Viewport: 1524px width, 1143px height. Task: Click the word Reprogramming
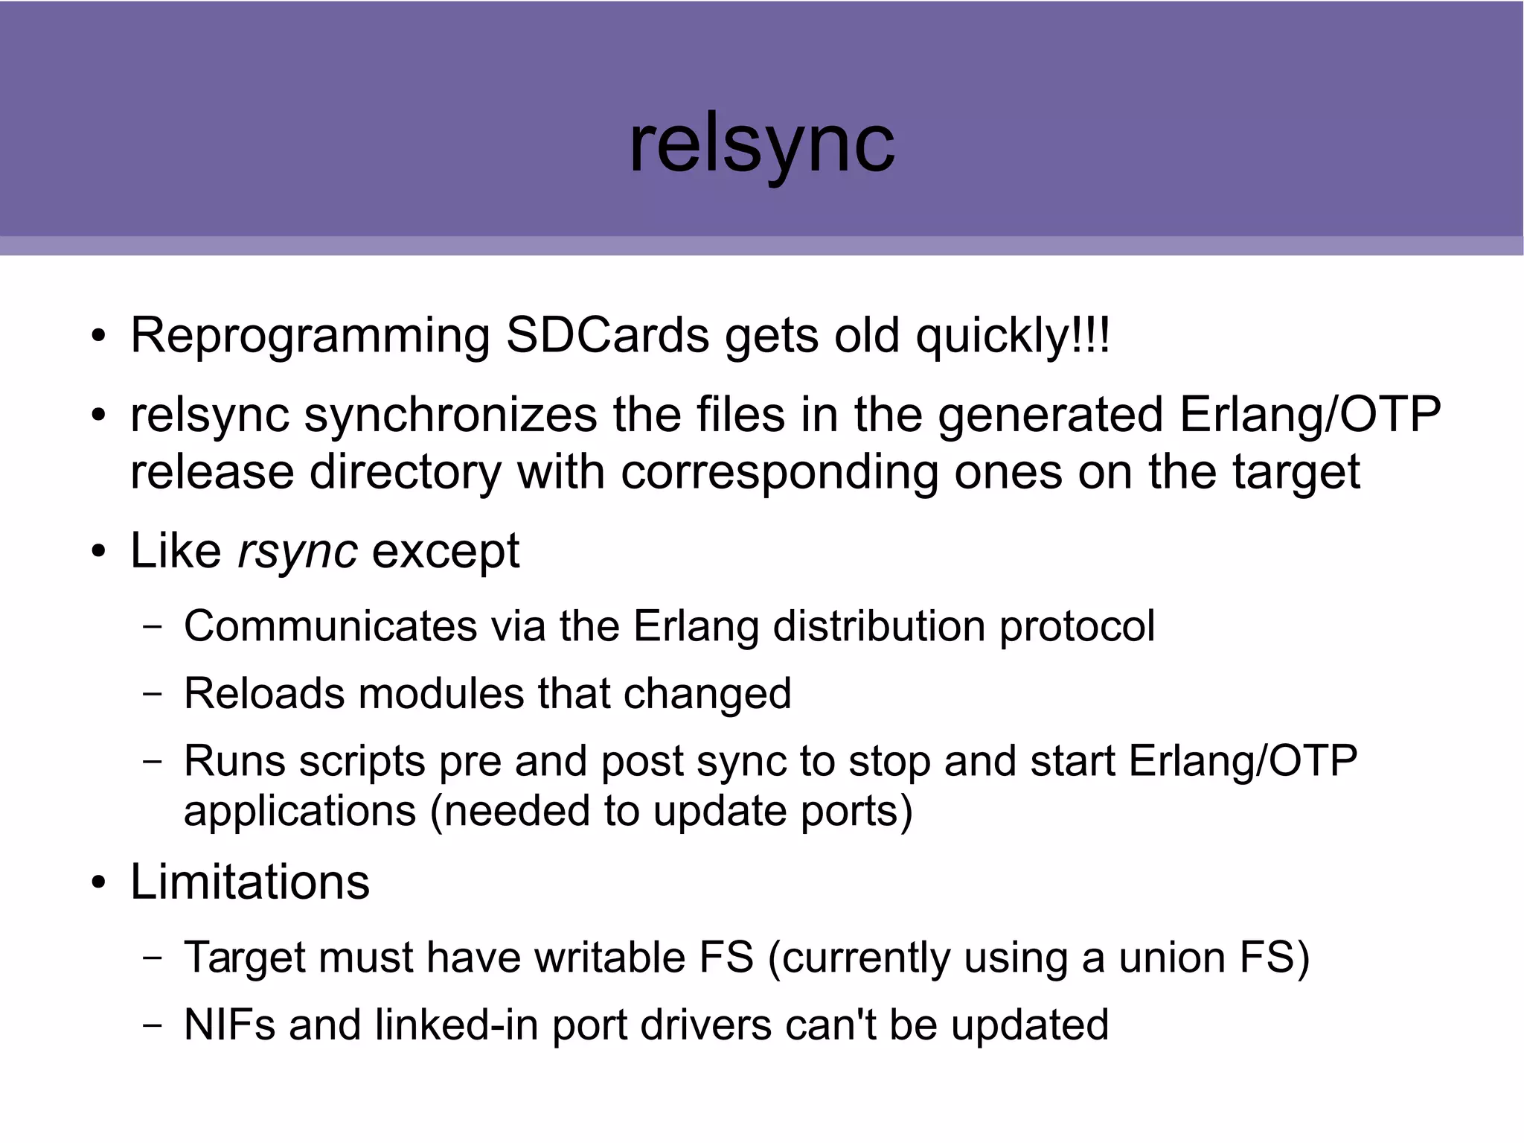310,337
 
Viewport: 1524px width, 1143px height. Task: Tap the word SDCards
607,335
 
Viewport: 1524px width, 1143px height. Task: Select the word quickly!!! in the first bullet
1012,337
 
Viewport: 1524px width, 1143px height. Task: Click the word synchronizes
450,415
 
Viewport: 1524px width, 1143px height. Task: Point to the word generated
1050,416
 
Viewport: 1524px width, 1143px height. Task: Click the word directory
405,474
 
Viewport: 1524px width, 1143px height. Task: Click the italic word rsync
297,552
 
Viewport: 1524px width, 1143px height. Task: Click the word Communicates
330,625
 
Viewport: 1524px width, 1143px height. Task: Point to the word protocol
1077,627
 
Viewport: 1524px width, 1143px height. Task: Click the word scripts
362,762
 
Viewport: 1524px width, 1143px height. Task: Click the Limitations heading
250,882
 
